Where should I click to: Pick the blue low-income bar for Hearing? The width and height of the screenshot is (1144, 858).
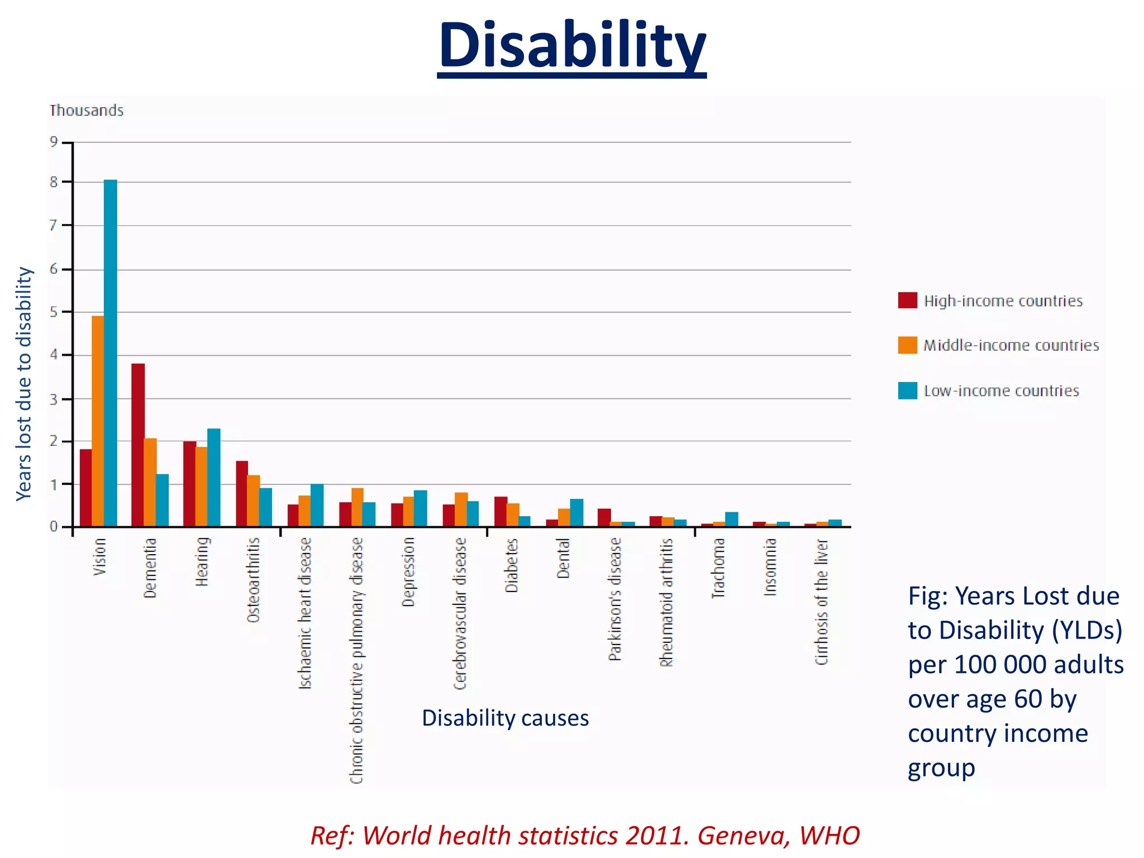(x=214, y=478)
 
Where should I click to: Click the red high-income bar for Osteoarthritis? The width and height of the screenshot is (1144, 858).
(x=242, y=494)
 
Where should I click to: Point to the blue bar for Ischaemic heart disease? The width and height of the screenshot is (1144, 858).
(x=317, y=506)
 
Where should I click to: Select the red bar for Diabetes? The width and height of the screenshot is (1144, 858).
(x=500, y=512)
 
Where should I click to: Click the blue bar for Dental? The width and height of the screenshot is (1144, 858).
(x=576, y=513)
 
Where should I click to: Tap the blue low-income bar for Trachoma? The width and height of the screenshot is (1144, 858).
(x=732, y=519)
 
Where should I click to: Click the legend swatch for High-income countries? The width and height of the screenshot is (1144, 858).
(x=908, y=301)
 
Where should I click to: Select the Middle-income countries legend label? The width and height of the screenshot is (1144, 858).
(x=1011, y=346)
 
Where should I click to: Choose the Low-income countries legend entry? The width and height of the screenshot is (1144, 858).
(x=1001, y=391)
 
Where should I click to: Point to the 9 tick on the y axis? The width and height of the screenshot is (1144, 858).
(x=54, y=142)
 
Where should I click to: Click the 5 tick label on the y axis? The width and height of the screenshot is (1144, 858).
(x=54, y=312)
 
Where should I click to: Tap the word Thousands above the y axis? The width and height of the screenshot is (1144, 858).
(x=87, y=111)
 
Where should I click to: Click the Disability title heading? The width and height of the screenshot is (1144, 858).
(x=572, y=46)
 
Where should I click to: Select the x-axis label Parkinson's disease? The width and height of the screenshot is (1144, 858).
(x=615, y=599)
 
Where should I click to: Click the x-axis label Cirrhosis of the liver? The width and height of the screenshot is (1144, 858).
(x=822, y=602)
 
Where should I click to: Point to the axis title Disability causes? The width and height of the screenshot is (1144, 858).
(x=505, y=718)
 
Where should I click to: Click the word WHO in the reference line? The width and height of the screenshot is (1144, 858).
(x=830, y=836)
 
